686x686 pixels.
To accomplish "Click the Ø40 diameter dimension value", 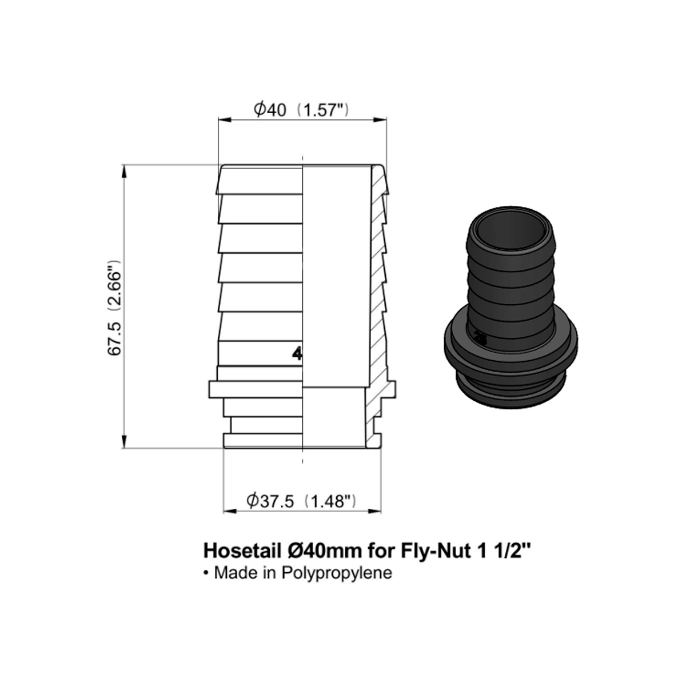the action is [x=269, y=110].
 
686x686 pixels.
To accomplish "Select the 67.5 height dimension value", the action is [x=115, y=338].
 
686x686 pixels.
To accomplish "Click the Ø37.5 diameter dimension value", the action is [x=270, y=501].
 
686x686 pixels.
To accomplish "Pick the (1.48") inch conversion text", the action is [x=331, y=501].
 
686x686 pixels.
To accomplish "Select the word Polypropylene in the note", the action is [x=337, y=583].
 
